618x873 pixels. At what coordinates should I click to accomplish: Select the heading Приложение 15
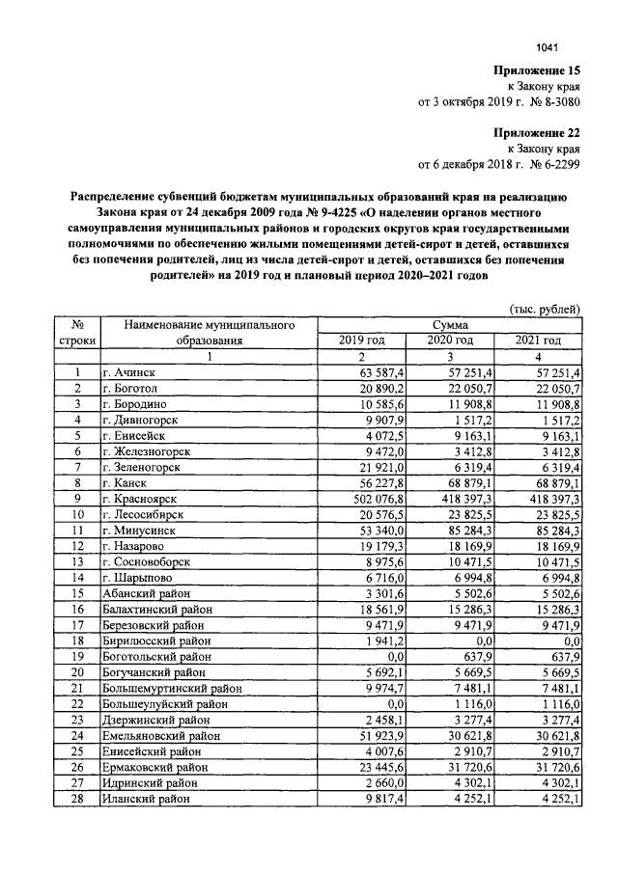[538, 71]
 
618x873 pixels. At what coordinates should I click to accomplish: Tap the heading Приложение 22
[538, 132]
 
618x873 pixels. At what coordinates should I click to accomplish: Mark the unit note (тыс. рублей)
[544, 309]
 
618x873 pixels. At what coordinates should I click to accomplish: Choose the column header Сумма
[451, 326]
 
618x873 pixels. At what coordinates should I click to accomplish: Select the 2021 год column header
[538, 341]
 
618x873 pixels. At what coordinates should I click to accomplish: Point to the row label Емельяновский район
[164, 736]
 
